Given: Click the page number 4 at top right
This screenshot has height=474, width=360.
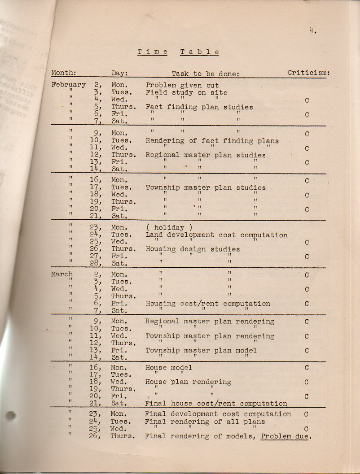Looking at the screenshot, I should (x=312, y=30).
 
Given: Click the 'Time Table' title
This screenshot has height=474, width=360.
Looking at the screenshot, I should (x=178, y=52).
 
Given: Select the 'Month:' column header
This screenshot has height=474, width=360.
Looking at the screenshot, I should (x=64, y=73).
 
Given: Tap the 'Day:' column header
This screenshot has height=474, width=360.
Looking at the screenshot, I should (x=120, y=73).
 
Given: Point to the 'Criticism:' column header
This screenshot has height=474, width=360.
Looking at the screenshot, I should (x=309, y=73).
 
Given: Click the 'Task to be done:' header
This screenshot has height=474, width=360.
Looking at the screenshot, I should (x=205, y=74).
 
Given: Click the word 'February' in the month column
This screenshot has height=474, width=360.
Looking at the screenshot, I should (x=68, y=84).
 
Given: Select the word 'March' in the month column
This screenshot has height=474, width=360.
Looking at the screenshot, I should (x=62, y=274).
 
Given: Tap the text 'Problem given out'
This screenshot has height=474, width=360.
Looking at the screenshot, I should (x=182, y=85).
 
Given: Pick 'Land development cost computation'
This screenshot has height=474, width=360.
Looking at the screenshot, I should (x=216, y=235).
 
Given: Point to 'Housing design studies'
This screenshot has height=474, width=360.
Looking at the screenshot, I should (x=193, y=249).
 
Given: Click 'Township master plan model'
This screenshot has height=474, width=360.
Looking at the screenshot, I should (x=201, y=350).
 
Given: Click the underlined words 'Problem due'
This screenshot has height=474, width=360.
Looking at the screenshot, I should (x=286, y=436).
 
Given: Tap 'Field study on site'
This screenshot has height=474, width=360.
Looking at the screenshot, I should (x=186, y=93).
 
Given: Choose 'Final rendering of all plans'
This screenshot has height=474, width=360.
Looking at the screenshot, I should (x=205, y=422).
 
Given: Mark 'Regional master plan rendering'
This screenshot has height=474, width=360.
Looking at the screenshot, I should (x=210, y=321).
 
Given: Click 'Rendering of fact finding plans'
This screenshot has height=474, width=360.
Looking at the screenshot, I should (x=212, y=140).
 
